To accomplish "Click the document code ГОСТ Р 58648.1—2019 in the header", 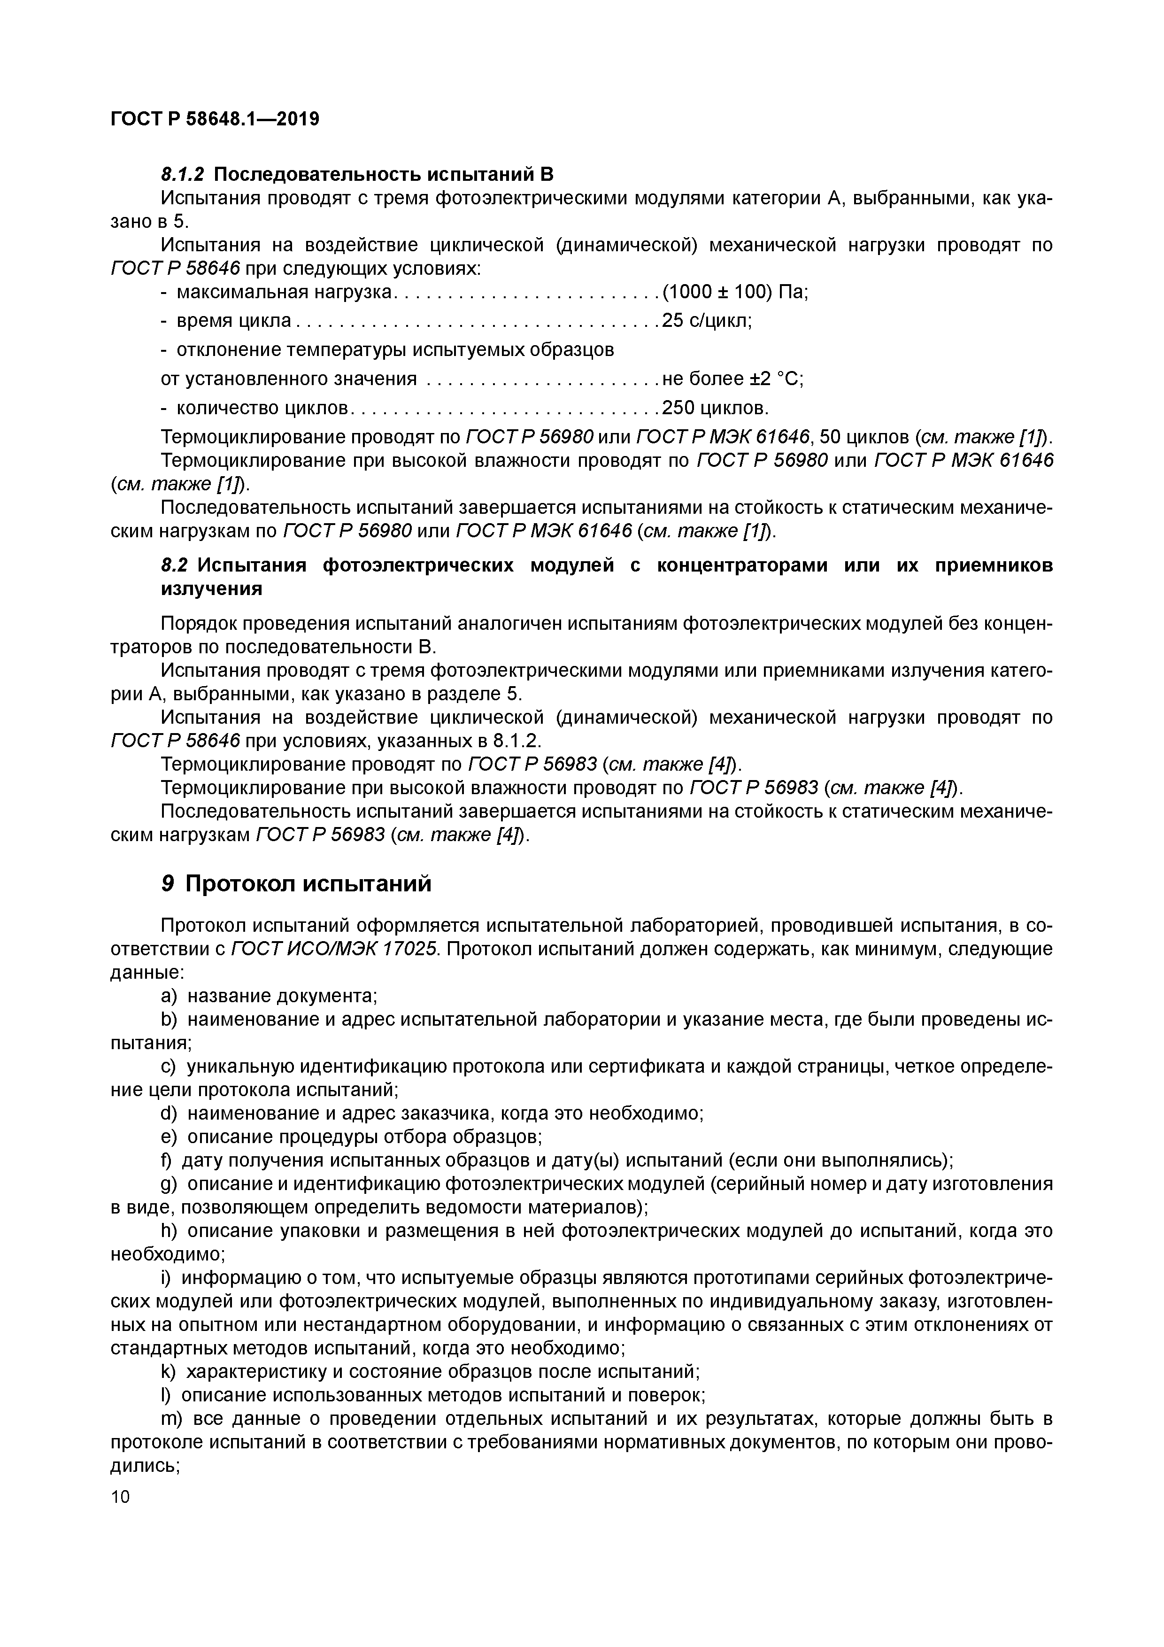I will click(215, 118).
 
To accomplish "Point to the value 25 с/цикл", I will click(707, 321).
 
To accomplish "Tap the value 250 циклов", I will click(715, 408).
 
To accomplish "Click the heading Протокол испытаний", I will click(308, 884).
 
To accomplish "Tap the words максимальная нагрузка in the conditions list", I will click(285, 292).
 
